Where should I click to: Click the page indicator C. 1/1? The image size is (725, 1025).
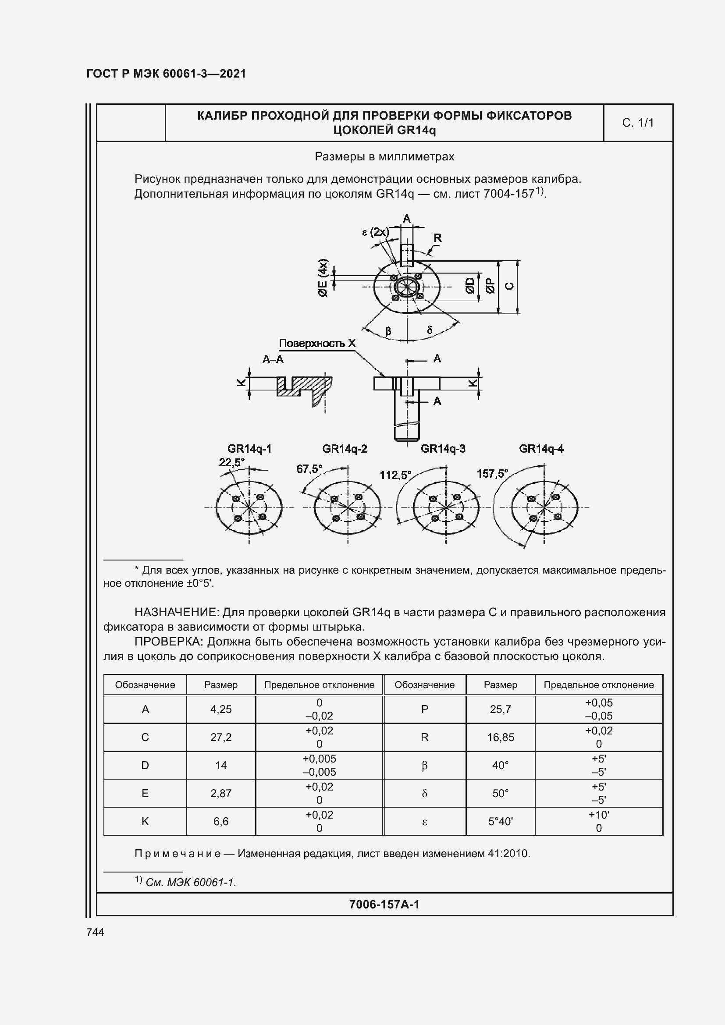pyautogui.click(x=637, y=123)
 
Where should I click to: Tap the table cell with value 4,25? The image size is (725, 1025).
pyautogui.click(x=221, y=709)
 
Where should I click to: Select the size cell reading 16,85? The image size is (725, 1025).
pyautogui.click(x=501, y=737)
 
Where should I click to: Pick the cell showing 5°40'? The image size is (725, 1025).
pyautogui.click(x=501, y=821)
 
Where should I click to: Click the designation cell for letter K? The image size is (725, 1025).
pyautogui.click(x=145, y=821)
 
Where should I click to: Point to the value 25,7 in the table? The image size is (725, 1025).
pyautogui.click(x=501, y=709)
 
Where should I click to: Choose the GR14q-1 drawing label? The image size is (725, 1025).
pyautogui.click(x=249, y=449)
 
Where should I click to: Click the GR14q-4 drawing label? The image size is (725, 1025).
pyautogui.click(x=541, y=449)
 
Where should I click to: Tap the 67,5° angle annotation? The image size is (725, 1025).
pyautogui.click(x=309, y=469)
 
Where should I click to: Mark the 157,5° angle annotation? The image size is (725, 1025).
pyautogui.click(x=492, y=473)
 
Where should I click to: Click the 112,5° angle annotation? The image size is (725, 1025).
pyautogui.click(x=395, y=475)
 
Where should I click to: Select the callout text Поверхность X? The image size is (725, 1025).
pyautogui.click(x=317, y=343)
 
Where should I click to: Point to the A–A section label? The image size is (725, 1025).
pyautogui.click(x=273, y=359)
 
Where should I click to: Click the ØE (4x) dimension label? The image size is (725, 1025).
pyautogui.click(x=323, y=278)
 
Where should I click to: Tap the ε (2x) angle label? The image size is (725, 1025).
pyautogui.click(x=376, y=232)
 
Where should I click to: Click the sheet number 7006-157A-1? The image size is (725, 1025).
pyautogui.click(x=384, y=904)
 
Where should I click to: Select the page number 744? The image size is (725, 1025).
pyautogui.click(x=95, y=932)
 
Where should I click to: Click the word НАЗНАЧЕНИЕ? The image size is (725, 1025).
pyautogui.click(x=176, y=612)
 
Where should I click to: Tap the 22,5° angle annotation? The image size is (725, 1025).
pyautogui.click(x=232, y=462)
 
